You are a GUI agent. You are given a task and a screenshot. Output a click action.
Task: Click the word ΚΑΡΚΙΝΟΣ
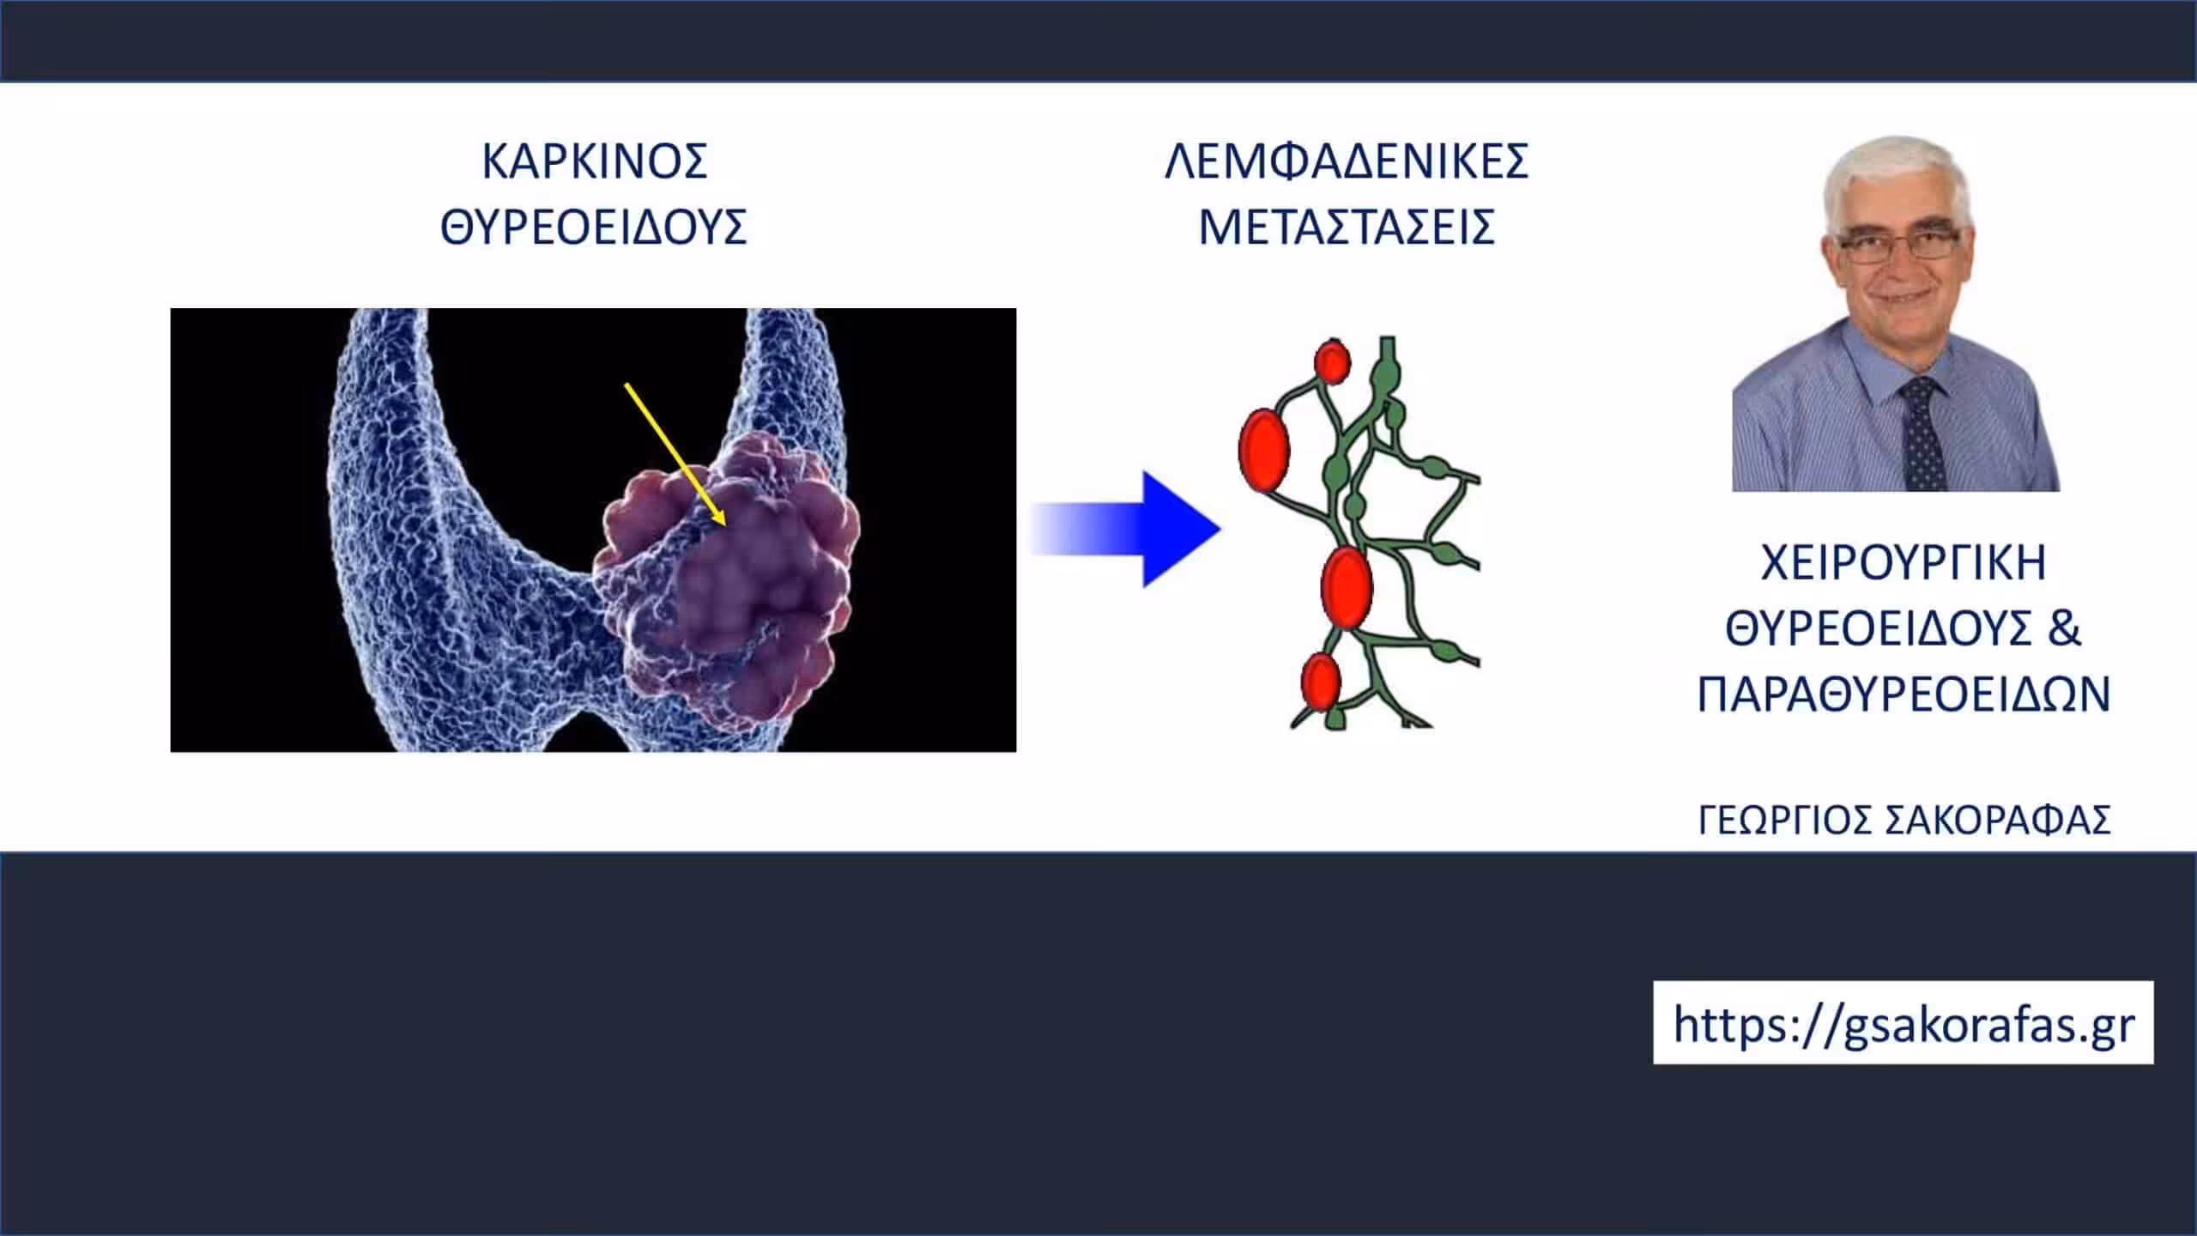point(595,161)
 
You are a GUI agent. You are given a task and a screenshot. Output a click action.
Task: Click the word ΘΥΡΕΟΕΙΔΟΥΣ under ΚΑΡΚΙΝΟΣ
point(594,227)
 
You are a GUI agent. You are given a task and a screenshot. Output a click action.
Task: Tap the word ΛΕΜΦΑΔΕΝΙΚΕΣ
point(1347,161)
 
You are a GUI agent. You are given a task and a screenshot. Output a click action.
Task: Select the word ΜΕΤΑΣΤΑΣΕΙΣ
point(1347,227)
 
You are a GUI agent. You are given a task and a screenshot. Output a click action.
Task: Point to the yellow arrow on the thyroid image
point(675,454)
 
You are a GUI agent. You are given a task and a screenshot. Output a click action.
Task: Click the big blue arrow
point(1125,529)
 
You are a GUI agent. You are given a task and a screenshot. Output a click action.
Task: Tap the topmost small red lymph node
point(1332,361)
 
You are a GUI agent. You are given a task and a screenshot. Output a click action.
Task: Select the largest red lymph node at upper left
point(1264,450)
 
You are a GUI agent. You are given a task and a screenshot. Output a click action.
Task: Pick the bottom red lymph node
point(1320,681)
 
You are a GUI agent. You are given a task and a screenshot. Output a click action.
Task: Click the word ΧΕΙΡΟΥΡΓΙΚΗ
point(1903,564)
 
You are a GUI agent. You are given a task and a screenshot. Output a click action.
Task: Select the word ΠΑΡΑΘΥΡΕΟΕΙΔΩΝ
point(1903,694)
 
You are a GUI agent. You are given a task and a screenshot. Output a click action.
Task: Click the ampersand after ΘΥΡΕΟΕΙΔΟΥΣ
point(2064,628)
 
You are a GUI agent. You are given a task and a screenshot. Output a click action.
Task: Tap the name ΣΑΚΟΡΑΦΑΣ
point(1997,821)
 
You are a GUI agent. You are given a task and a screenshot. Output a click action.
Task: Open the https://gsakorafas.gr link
point(1903,1023)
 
